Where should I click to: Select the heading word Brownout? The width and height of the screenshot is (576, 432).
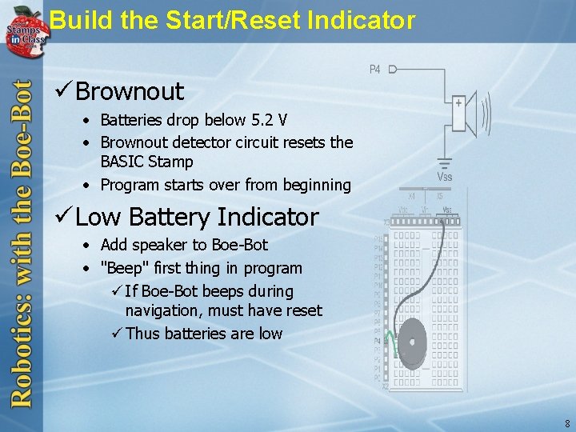pyautogui.click(x=130, y=91)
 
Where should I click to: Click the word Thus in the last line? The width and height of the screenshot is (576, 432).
pyautogui.click(x=142, y=334)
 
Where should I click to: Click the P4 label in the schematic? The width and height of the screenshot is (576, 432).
pyautogui.click(x=374, y=70)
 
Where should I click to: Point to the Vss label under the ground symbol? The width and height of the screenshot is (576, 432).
pyautogui.click(x=444, y=176)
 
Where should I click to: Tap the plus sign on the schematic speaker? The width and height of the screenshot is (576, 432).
pyautogui.click(x=458, y=102)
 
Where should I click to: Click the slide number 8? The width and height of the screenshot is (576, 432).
pyautogui.click(x=567, y=423)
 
